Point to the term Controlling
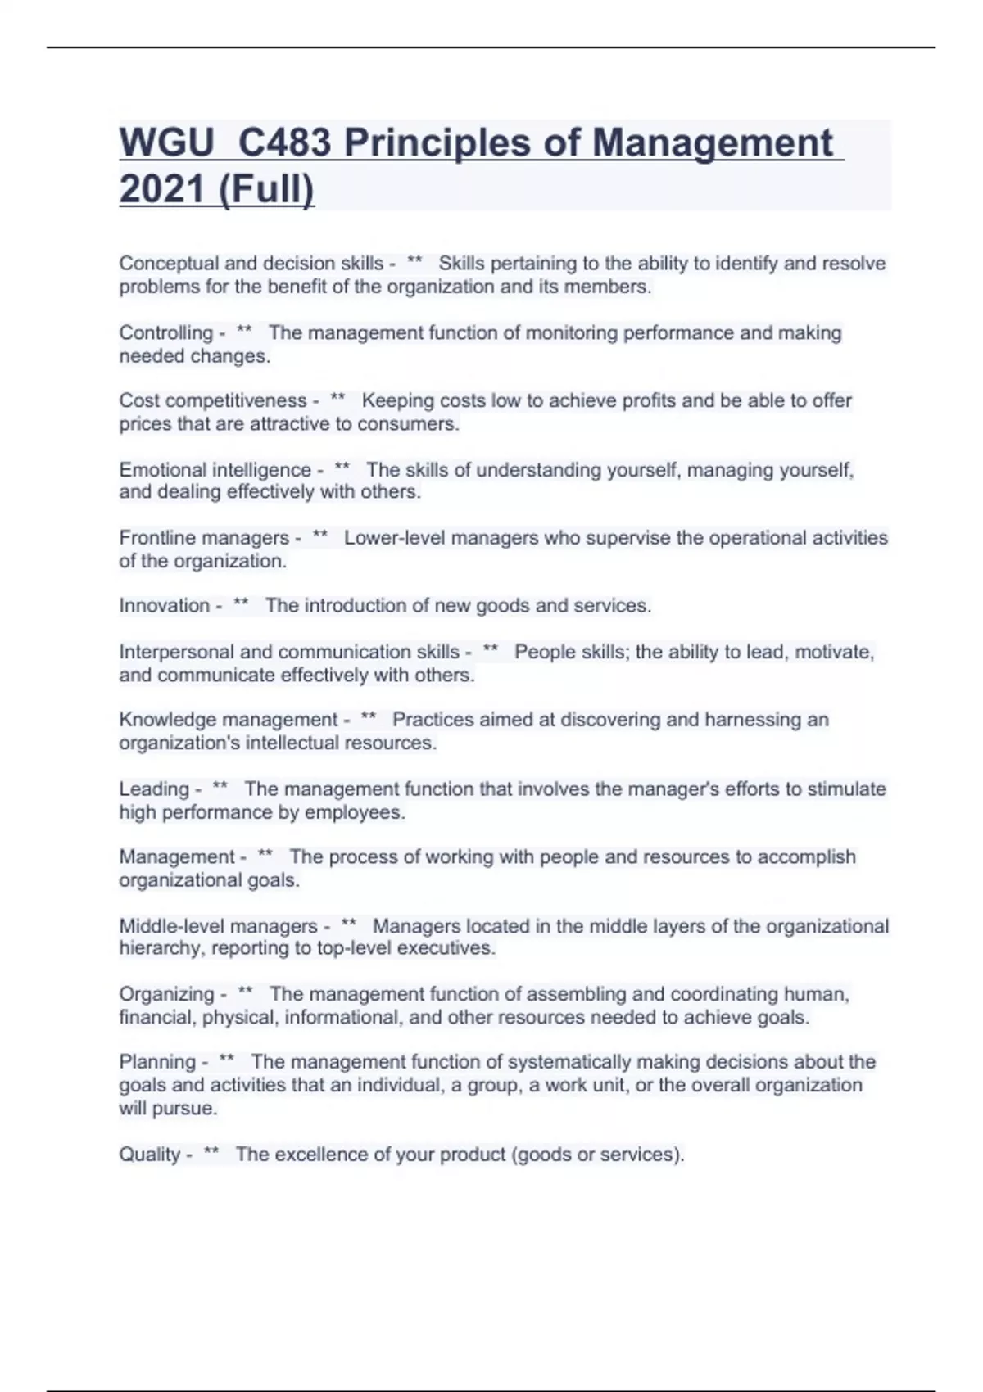165,333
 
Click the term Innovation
164,606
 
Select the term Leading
154,789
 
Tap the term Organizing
166,994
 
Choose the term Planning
157,1062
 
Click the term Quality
149,1155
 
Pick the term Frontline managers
204,538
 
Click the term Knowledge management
228,720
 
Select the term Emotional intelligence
215,470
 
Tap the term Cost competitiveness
212,401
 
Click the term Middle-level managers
218,926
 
